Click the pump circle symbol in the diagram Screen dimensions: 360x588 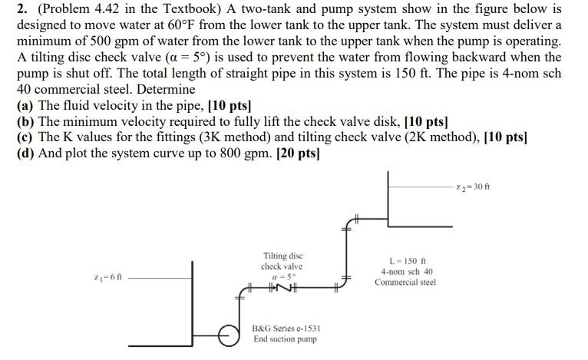[228, 334]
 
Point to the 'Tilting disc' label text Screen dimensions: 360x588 [283, 256]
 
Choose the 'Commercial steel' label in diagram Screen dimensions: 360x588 [405, 282]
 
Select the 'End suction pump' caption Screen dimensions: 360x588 [285, 339]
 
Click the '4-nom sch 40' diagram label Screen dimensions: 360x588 [407, 271]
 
